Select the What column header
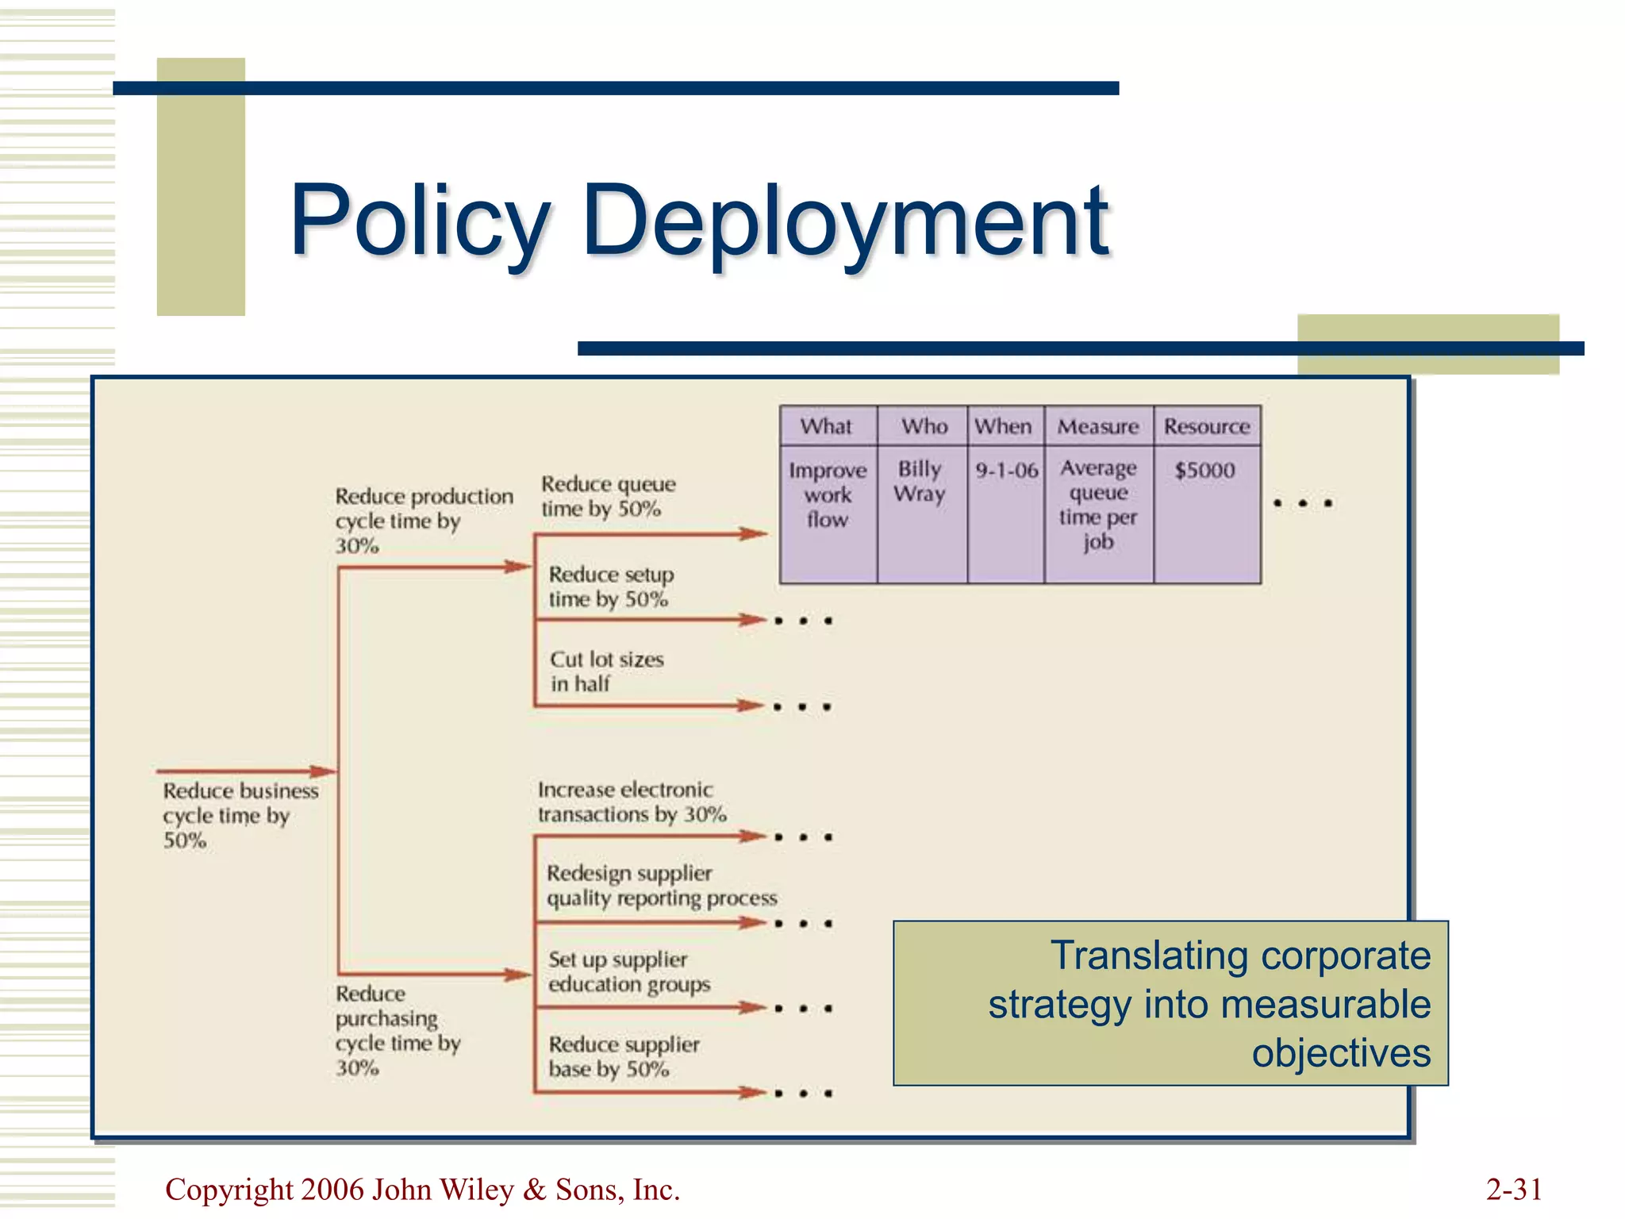click(x=826, y=426)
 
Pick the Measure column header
click(x=1098, y=427)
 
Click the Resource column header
click(x=1207, y=427)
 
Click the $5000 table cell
click(x=1204, y=471)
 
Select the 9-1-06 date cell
click(x=1006, y=471)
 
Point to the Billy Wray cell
click(x=920, y=482)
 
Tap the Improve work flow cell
click(x=828, y=495)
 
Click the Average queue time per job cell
click(x=1098, y=505)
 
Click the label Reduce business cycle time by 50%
click(x=240, y=816)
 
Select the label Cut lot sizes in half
click(x=606, y=671)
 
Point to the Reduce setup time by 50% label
click(x=610, y=586)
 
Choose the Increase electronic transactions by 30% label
click(x=632, y=802)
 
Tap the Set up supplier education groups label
click(x=628, y=972)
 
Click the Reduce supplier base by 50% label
click(x=624, y=1057)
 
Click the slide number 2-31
click(x=1513, y=1190)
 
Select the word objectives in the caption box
click(x=1341, y=1054)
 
